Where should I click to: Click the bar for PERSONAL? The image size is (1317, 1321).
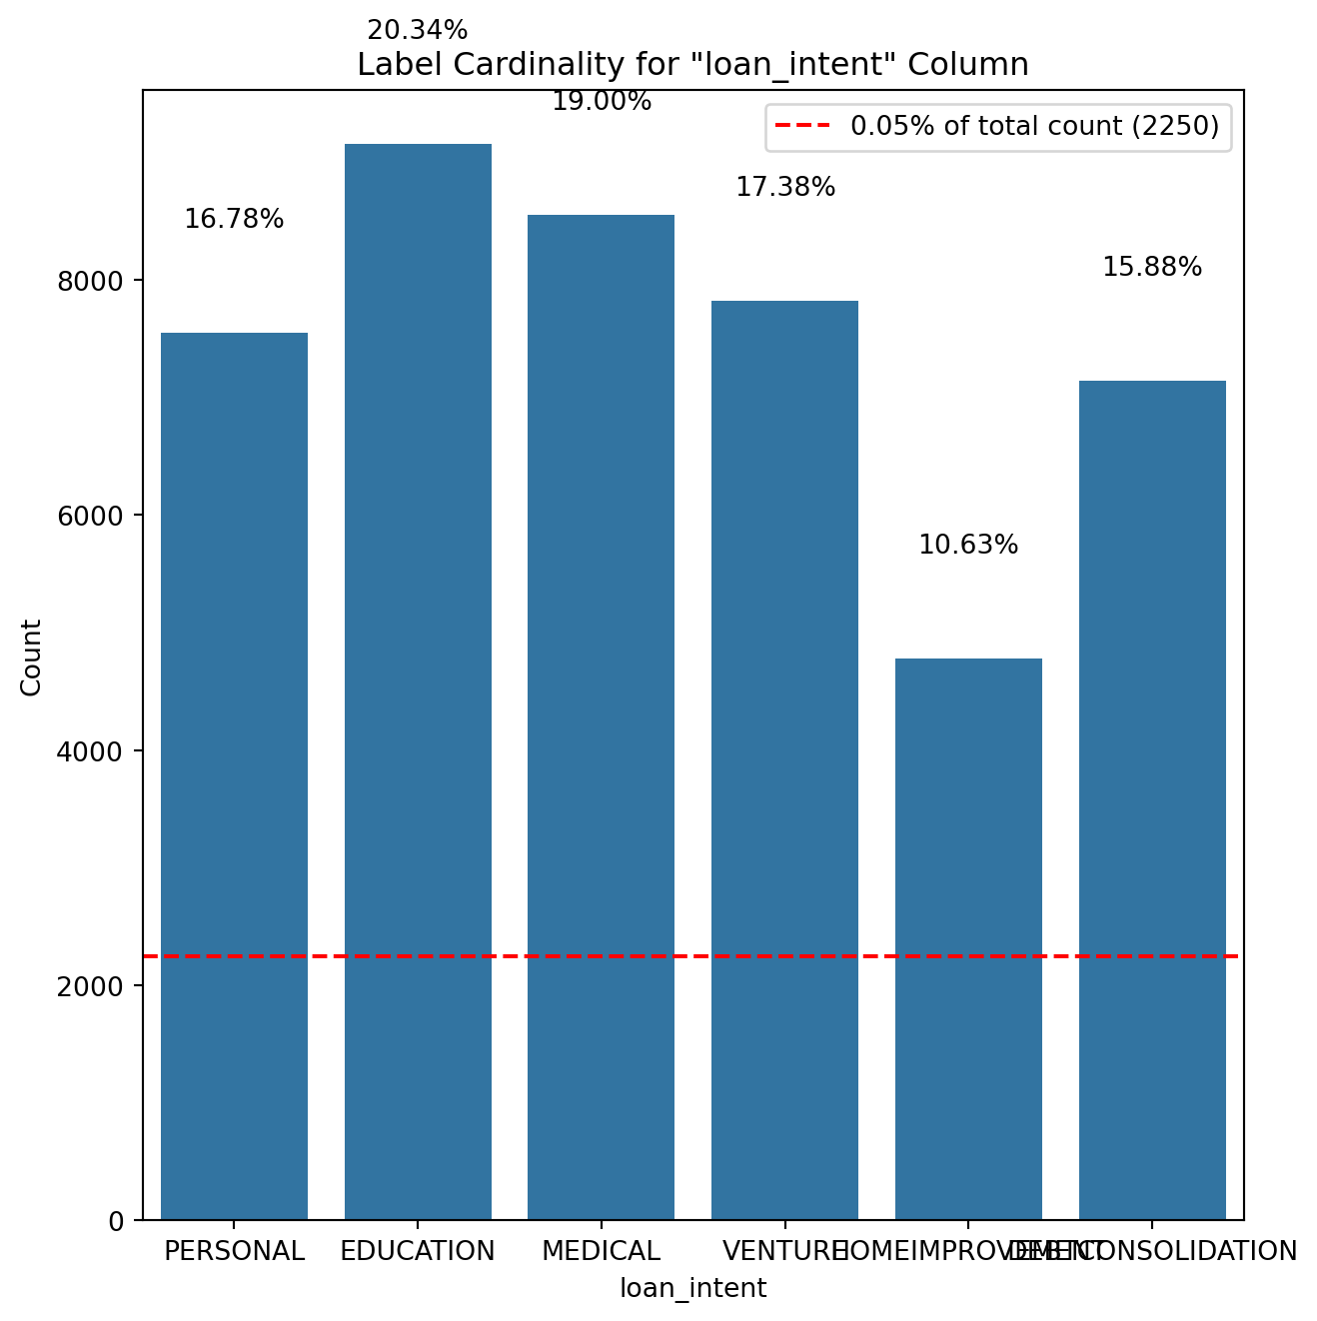234,775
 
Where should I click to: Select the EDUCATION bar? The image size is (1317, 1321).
418,681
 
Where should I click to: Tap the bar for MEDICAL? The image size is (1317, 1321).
601,716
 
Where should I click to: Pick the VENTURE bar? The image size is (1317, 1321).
784,759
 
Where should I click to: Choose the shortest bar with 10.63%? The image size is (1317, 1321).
968,938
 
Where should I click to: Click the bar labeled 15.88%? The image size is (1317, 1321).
1152,799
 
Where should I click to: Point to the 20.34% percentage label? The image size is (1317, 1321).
418,31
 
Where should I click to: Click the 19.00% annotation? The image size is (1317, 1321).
602,102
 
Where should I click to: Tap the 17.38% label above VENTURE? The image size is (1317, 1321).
785,187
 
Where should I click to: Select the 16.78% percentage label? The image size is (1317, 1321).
234,219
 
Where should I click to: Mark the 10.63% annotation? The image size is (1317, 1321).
968,546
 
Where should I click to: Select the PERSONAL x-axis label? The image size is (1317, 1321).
234,1251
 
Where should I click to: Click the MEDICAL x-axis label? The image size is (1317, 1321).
601,1251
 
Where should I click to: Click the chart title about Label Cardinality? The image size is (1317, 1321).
692,65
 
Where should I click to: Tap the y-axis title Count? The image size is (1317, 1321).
32,657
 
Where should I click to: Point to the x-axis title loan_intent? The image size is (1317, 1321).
692,1288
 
